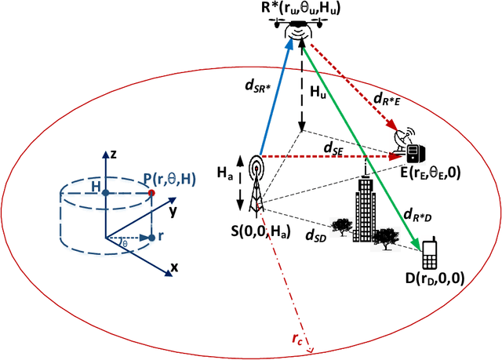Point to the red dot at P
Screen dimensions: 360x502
click(x=151, y=192)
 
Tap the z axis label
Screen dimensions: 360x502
click(x=114, y=155)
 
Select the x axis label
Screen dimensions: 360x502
click(x=174, y=267)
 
